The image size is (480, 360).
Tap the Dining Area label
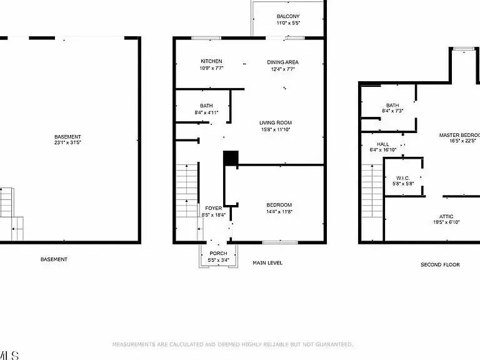[283, 62]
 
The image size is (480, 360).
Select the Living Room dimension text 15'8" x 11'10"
[276, 129]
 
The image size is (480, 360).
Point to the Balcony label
[288, 16]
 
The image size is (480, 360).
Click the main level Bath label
[206, 106]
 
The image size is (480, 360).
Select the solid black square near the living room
[231, 159]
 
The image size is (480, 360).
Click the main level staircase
[187, 187]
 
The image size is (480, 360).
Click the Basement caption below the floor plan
[54, 259]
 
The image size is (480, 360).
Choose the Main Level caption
[267, 263]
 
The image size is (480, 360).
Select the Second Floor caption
[439, 265]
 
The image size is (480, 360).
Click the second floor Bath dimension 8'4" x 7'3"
[392, 111]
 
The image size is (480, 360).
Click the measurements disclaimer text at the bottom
[232, 344]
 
